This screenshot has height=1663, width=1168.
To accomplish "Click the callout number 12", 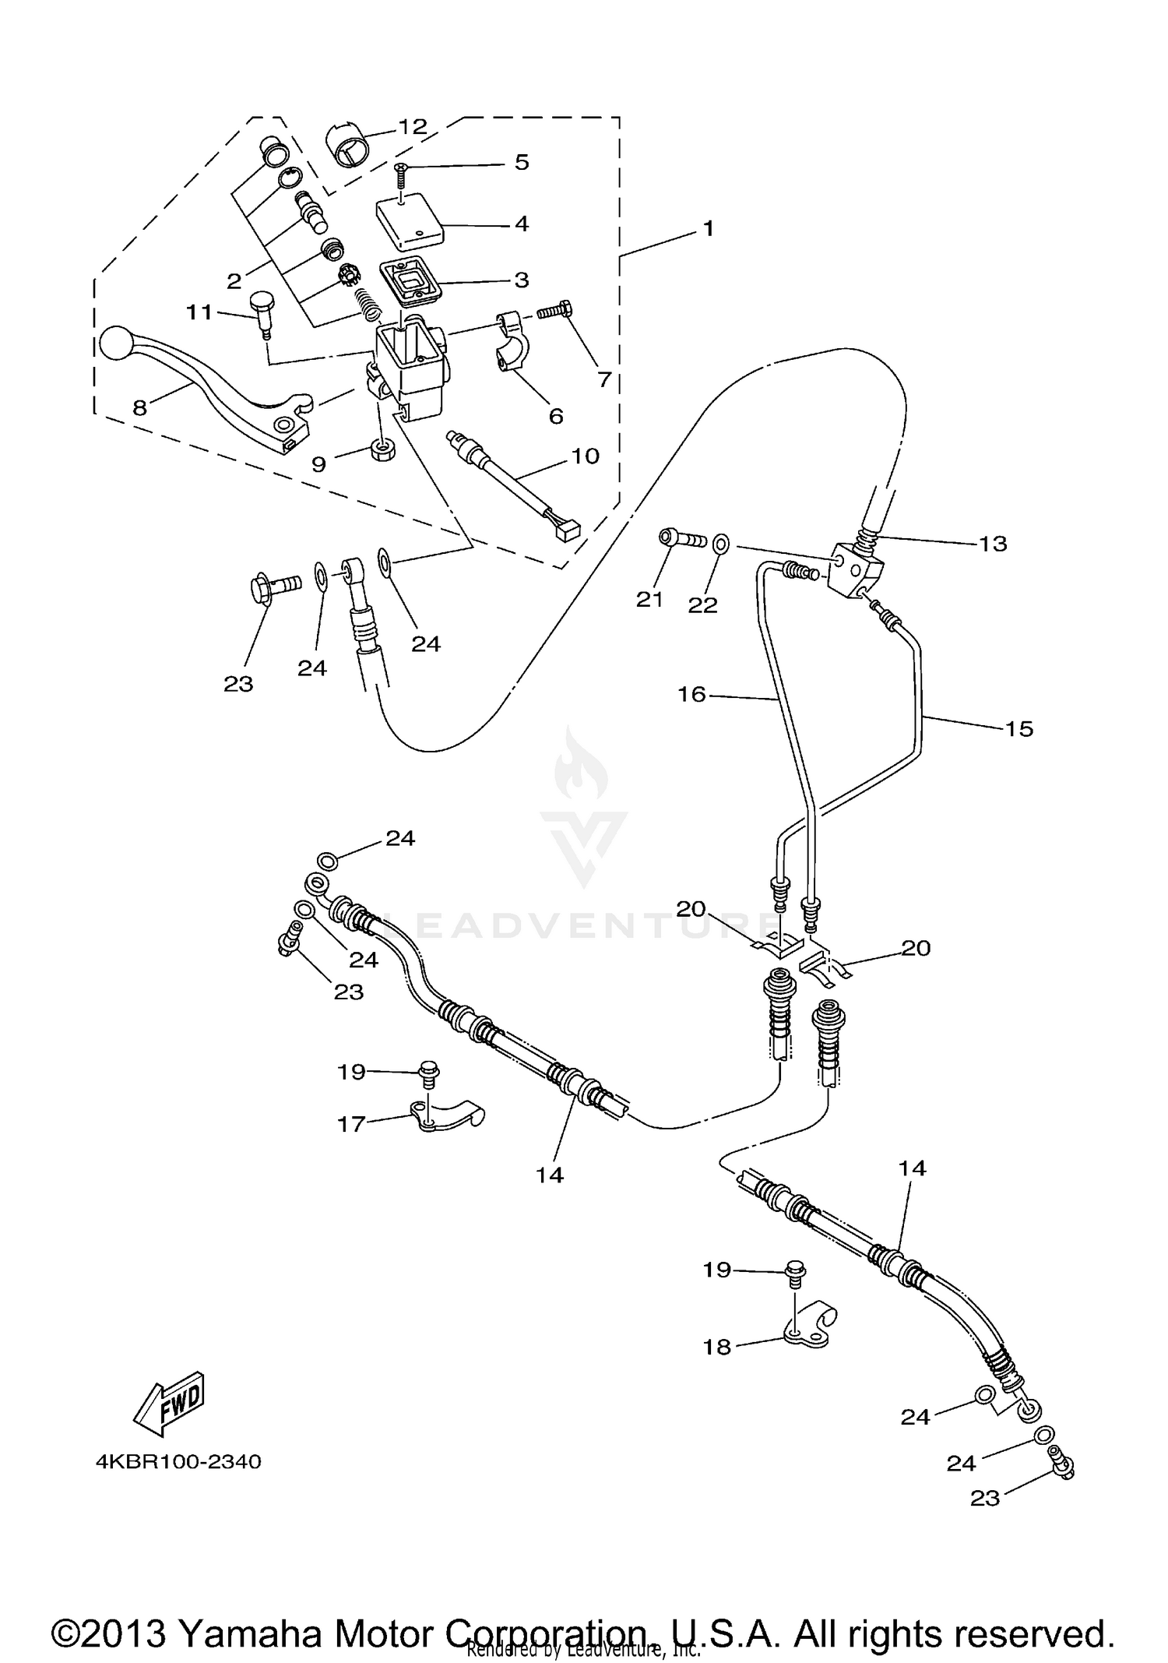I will coord(413,127).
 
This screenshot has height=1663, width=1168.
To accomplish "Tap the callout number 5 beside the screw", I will coord(522,162).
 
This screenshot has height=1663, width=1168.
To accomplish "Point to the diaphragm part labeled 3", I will coord(410,280).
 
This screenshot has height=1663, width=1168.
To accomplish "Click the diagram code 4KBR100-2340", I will coord(178,1461).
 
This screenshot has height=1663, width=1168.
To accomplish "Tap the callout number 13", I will coord(993,543).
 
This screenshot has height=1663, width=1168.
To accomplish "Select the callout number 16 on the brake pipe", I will coord(691,694).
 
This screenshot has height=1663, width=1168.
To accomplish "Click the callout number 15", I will coord(1018,728).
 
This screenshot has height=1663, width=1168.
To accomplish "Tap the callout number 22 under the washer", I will coord(702,604).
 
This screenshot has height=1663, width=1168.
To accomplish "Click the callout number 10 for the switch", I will coord(586,456).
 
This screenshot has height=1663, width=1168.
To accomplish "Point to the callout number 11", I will coord(199,312).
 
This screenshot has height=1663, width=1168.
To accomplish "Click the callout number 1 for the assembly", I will coord(708,228).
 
